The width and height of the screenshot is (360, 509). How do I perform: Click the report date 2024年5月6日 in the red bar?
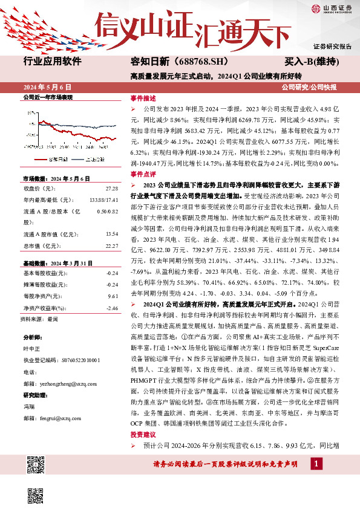click(48, 88)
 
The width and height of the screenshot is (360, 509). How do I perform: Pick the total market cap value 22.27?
click(111, 229)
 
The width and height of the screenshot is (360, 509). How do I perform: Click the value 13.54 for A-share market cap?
click(111, 217)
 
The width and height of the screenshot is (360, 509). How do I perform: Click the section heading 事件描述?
click(143, 97)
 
